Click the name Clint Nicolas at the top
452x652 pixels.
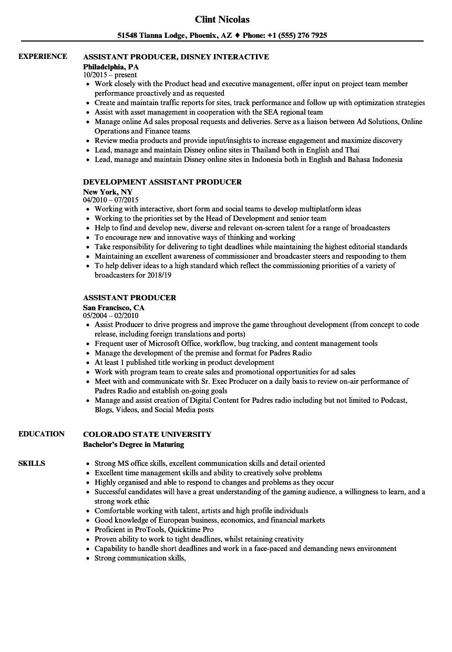click(222, 19)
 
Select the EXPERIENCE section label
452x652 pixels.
click(43, 56)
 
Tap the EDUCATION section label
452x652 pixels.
click(42, 434)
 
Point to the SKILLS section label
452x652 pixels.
click(32, 463)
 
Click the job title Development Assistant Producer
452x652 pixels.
click(162, 182)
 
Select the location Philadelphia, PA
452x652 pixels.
click(111, 67)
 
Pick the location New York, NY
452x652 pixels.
click(108, 192)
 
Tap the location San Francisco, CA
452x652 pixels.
click(114, 308)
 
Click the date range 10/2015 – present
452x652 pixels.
click(110, 75)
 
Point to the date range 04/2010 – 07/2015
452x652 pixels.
click(110, 200)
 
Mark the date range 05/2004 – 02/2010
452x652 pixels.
click(110, 316)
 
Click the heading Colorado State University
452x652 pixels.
click(147, 434)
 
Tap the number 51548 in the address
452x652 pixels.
click(128, 36)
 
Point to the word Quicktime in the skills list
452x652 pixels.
click(181, 529)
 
